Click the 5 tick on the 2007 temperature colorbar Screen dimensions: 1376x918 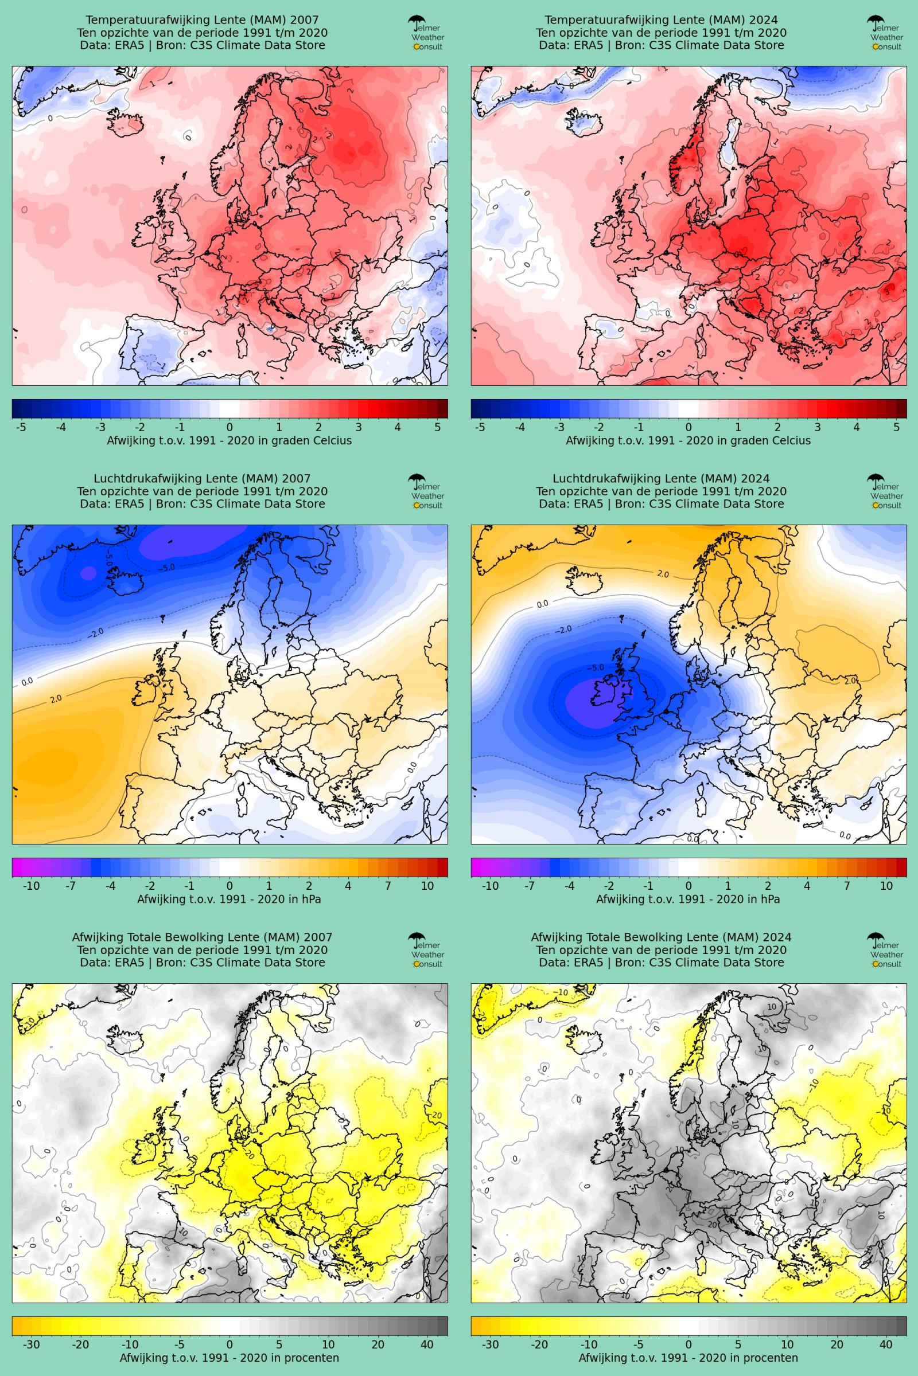click(x=437, y=427)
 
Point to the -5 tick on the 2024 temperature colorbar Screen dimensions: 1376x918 click(x=480, y=427)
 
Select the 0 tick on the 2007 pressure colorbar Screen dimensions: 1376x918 click(x=229, y=886)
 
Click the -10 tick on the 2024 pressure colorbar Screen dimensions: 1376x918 click(x=490, y=886)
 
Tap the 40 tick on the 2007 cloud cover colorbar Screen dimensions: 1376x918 click(x=427, y=1344)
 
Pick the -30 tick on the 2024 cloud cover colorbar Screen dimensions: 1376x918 click(x=490, y=1344)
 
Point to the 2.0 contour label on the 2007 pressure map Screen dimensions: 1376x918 click(x=56, y=698)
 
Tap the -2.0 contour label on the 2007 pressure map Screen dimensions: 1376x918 click(x=95, y=633)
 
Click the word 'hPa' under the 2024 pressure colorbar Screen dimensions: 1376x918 click(x=769, y=899)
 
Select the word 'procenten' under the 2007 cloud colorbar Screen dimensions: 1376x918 click(x=314, y=1358)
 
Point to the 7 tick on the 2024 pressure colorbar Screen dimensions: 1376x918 click(x=847, y=886)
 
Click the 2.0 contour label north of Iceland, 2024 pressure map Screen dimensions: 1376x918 click(x=663, y=574)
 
